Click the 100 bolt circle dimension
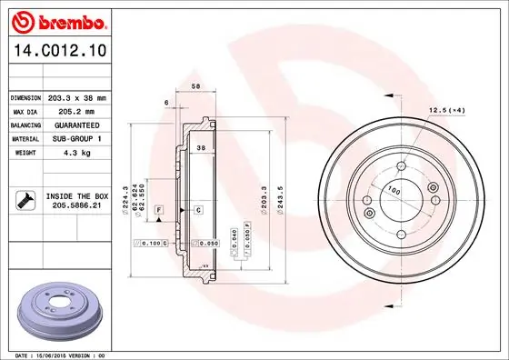393,190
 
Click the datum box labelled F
158,210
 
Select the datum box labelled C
196,210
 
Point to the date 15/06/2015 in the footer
45,355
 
